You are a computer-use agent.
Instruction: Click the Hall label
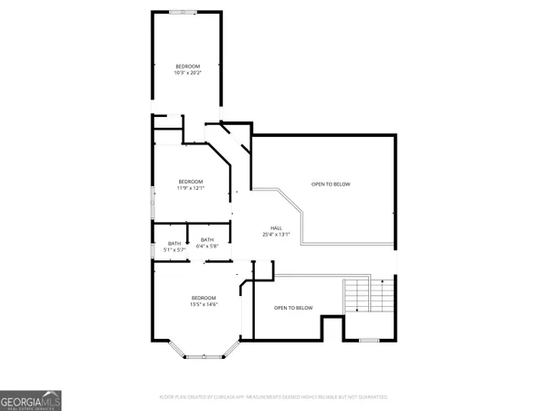coord(275,228)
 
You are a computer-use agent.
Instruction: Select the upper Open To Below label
coord(330,184)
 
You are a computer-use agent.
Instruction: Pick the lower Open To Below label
coord(293,308)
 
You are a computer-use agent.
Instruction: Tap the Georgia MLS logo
coord(31,401)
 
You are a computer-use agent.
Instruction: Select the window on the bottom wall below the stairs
coord(368,340)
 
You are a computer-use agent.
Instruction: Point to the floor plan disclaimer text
coord(274,397)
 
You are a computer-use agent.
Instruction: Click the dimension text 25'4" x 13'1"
coord(275,235)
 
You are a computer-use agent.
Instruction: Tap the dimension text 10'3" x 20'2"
coord(187,73)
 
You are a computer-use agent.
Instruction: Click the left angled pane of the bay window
coord(177,350)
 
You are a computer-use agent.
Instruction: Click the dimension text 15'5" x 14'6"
coord(203,304)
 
